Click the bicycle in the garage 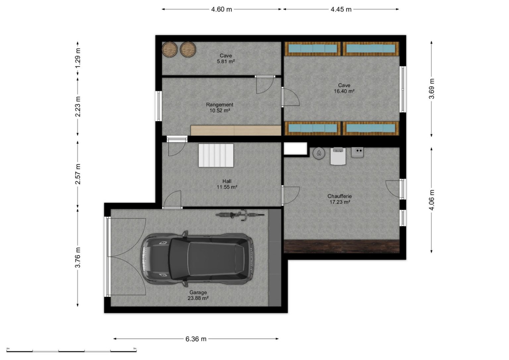point(240,215)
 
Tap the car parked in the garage point(197,259)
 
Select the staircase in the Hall point(216,155)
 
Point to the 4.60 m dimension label point(222,9)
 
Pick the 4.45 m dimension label point(341,9)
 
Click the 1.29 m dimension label point(78,58)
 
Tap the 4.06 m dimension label point(431,200)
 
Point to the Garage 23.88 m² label point(198,295)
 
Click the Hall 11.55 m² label point(227,184)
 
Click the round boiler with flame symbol point(319,153)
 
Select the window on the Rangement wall point(159,106)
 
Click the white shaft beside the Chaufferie point(295,149)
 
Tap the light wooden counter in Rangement point(236,130)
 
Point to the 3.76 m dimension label point(78,257)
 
